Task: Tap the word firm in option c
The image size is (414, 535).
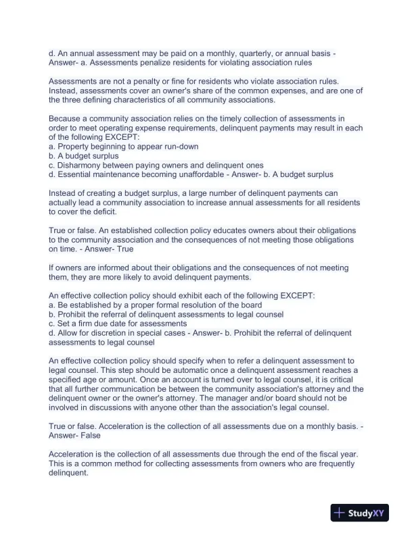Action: [x=87, y=324]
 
